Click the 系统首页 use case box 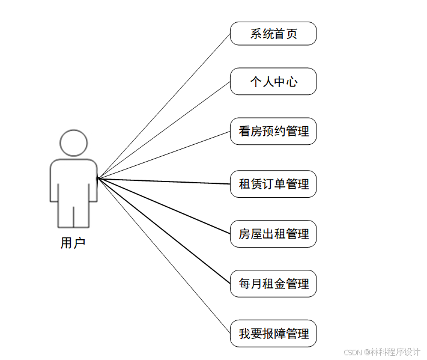click(273, 34)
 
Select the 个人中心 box click(273, 82)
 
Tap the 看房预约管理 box click(273, 131)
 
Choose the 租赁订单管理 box click(273, 184)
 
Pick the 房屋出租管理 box click(273, 234)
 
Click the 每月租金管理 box click(273, 284)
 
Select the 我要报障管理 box click(273, 334)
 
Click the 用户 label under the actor click(73, 243)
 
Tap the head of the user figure click(73, 143)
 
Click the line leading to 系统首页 click(164, 106)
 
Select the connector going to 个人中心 click(164, 130)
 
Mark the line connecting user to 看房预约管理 click(164, 154)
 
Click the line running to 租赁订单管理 click(164, 181)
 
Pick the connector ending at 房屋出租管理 click(164, 206)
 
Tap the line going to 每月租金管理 click(164, 231)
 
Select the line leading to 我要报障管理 click(164, 255)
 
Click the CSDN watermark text click(382, 351)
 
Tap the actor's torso click(73, 180)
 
